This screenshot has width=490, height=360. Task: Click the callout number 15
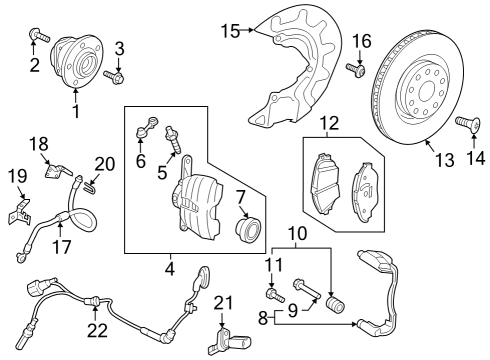[230, 31]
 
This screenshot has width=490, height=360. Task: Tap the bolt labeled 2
[39, 35]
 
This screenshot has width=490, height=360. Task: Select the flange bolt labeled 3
[114, 77]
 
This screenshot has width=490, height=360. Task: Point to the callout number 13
[445, 160]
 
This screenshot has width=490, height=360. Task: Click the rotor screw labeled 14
[468, 123]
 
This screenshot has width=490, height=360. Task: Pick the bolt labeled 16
[356, 69]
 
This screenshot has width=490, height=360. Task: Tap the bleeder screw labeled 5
[173, 140]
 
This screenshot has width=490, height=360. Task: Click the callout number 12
[329, 123]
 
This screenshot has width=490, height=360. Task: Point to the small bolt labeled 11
[275, 295]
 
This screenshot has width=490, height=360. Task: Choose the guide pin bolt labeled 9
[306, 289]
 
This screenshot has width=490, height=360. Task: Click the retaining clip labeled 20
[89, 189]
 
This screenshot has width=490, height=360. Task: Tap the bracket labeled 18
[57, 169]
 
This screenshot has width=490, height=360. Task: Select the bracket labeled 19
[19, 212]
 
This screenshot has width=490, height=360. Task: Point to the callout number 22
[98, 330]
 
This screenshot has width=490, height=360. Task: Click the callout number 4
[170, 269]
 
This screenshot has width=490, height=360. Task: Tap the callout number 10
[298, 234]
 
